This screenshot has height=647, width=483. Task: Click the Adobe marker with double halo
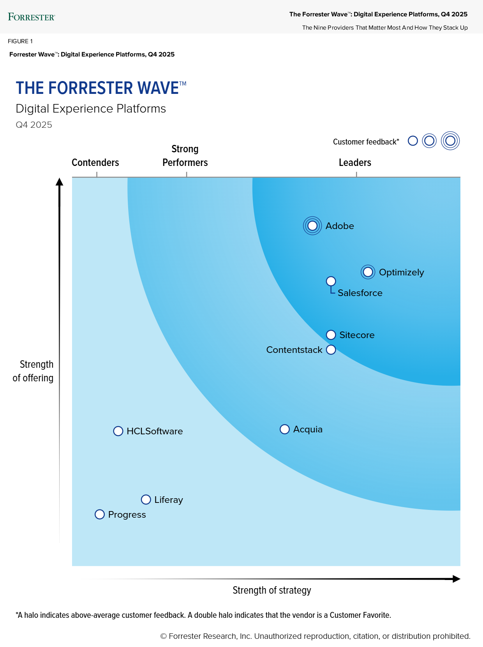coord(312,226)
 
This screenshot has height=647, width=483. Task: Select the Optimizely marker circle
coord(368,272)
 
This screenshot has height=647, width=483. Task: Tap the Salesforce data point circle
coord(331,281)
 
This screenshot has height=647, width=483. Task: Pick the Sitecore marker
coord(331,335)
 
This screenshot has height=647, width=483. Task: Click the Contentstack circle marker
coord(331,350)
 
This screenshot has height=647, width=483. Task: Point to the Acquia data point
coord(285,429)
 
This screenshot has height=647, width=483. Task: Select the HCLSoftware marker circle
coord(118,431)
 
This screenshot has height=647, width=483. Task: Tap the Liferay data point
coord(146,499)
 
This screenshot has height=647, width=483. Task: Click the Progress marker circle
coord(100,515)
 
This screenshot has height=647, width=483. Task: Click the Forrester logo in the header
coord(32,17)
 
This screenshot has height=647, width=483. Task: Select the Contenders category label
coord(95,162)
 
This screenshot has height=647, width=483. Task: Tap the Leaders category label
coord(355,162)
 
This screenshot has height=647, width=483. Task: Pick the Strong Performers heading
coord(185,156)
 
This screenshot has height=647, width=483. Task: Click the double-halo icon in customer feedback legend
coord(450,141)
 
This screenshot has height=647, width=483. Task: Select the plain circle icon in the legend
coord(413,141)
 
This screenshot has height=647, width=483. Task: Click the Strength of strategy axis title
coord(272,590)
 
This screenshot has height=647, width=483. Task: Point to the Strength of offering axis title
coord(33,371)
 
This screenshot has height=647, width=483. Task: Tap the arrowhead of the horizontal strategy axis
coord(457,579)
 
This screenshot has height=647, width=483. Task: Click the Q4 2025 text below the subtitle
coord(34,125)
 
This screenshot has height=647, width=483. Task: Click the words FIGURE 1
coord(20,41)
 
